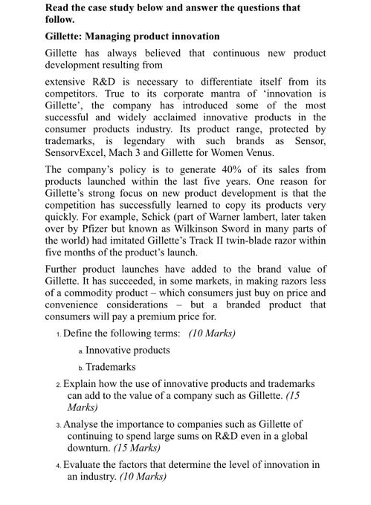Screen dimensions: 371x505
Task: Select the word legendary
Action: pos(137,140)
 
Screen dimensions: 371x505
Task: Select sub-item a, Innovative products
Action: pos(127,350)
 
